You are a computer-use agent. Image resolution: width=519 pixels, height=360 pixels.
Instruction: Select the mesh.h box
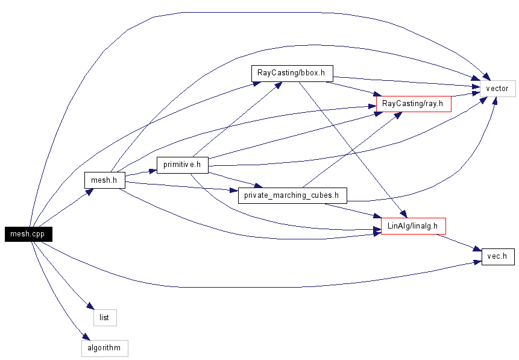(104, 180)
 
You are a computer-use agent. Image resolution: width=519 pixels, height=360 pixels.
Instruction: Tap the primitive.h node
(182, 165)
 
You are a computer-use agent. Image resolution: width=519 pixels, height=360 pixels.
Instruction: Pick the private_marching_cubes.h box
(292, 195)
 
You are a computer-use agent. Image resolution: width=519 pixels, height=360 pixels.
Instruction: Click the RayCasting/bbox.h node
(292, 73)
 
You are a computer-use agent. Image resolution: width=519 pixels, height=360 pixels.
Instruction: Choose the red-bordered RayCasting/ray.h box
(414, 104)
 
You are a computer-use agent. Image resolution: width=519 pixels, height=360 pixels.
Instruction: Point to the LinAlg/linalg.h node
(413, 226)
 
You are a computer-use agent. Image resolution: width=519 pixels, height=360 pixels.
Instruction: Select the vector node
(498, 89)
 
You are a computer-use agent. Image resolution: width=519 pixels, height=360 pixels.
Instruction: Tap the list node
(104, 318)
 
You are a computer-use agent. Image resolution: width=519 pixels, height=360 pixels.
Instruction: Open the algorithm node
(104, 348)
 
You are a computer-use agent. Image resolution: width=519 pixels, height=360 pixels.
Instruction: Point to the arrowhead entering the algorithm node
(86, 336)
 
